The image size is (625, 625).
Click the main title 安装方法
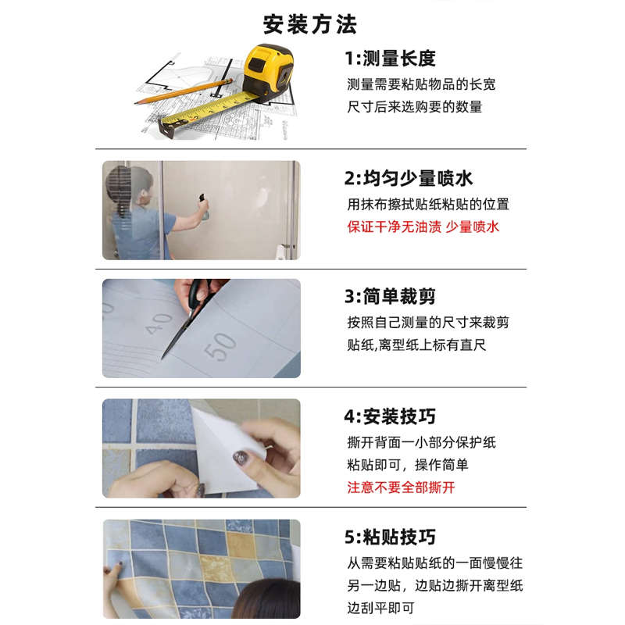[310, 23]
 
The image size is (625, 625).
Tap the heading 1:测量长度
[390, 58]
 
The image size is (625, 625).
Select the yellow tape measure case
[268, 71]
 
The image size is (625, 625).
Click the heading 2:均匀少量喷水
[409, 178]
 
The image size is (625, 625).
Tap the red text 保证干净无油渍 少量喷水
[423, 227]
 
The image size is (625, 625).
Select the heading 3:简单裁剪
[390, 297]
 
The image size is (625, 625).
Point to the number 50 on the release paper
[221, 346]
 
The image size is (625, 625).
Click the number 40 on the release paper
[159, 323]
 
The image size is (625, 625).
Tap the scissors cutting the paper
[187, 316]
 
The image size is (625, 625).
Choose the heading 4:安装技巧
[390, 416]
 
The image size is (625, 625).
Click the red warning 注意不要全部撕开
[401, 487]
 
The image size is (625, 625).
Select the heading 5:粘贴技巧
[390, 537]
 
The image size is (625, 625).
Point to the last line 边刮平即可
[380, 608]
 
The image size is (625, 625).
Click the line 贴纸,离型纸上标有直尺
[416, 345]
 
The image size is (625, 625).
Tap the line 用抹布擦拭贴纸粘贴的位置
[427, 205]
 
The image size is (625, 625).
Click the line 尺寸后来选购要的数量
[415, 107]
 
